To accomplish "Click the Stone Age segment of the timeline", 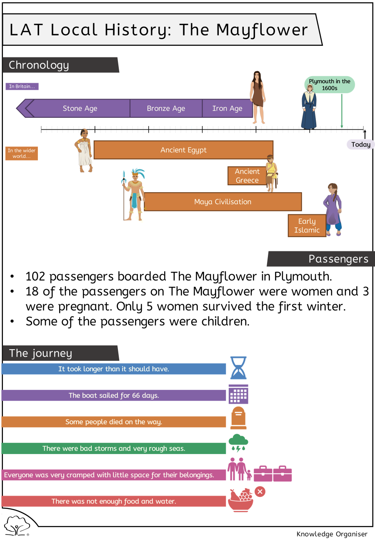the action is [80, 108].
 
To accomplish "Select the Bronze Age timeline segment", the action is [166, 108].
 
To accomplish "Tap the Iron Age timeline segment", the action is [227, 108].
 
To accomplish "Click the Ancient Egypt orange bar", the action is [183, 150].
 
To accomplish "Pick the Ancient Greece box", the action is [247, 176].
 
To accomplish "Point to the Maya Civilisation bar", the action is [222, 202].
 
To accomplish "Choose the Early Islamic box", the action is [307, 226].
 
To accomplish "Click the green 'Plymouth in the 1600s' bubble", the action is [330, 84].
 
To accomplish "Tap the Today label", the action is [361, 144].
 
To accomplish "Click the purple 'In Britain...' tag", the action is [22, 86].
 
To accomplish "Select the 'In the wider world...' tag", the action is [22, 154].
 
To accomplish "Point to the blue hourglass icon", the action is [238, 367].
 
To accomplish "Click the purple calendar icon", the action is [238, 394].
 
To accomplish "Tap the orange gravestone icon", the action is [238, 418].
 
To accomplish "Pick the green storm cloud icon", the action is [238, 443].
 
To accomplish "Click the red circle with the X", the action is [260, 491].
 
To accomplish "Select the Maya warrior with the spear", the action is [134, 195].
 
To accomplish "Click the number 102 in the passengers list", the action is [35, 276].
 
